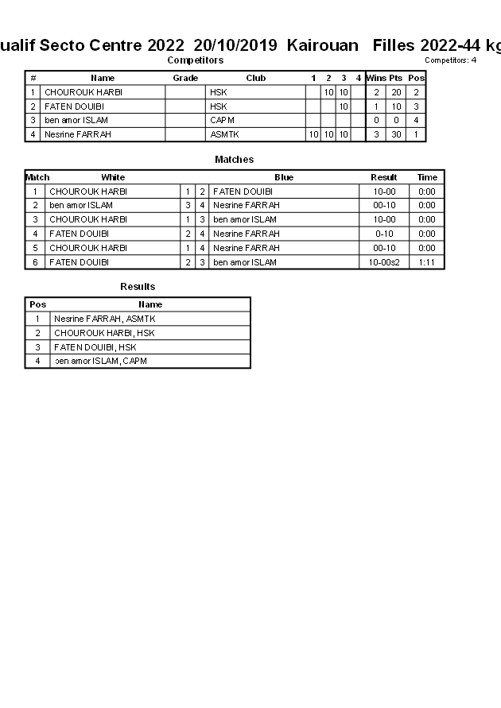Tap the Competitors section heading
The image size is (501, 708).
(x=195, y=60)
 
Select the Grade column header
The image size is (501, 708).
(x=185, y=78)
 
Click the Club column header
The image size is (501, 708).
(x=255, y=78)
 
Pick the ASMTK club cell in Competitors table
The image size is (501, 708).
(x=224, y=134)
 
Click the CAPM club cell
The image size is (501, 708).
(x=222, y=120)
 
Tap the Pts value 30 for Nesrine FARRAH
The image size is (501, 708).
(x=395, y=134)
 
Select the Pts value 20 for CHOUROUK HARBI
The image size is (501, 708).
(x=395, y=92)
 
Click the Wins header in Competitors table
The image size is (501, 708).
(x=375, y=78)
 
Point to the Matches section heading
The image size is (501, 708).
(x=234, y=160)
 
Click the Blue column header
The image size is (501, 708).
(x=284, y=177)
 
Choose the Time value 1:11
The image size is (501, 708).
(x=427, y=262)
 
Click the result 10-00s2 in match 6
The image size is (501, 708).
(x=384, y=262)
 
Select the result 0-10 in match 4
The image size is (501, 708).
(x=384, y=234)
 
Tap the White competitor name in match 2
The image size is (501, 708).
(x=80, y=205)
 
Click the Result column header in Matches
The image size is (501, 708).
(x=384, y=177)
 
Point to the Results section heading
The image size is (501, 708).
(x=138, y=287)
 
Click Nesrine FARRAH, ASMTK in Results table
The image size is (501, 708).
(x=104, y=319)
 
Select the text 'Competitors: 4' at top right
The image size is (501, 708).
(x=450, y=60)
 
